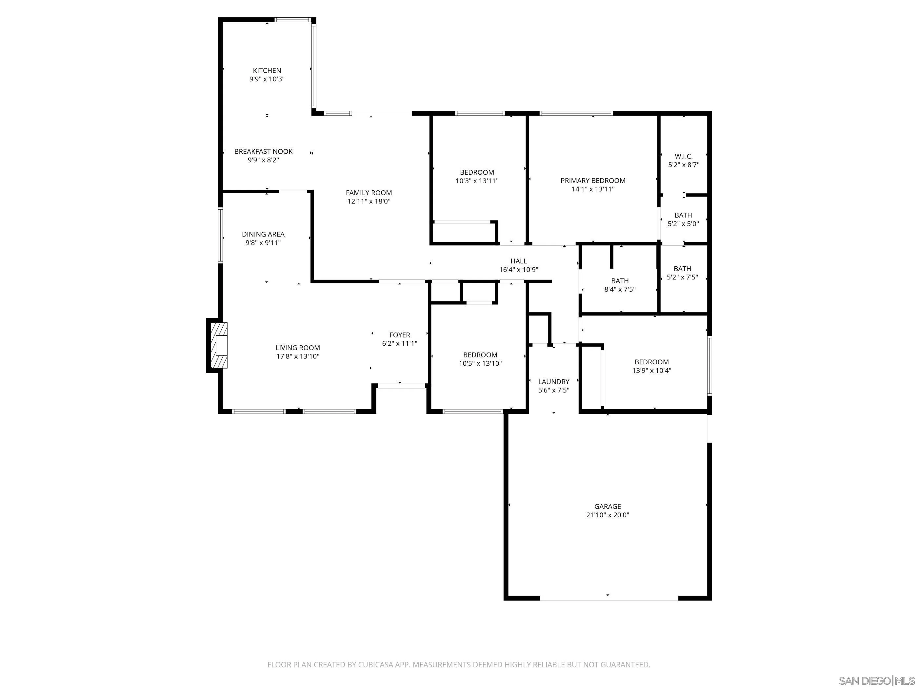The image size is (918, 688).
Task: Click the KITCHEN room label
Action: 267,70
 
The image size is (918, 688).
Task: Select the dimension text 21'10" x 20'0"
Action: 608,515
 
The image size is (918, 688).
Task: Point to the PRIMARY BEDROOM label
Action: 593,181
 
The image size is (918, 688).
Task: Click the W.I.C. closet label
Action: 684,156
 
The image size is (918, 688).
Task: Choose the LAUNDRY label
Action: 554,382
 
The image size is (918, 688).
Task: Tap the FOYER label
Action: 400,335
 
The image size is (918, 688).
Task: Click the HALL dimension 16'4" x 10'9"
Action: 518,270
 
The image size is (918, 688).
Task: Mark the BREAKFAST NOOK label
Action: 264,151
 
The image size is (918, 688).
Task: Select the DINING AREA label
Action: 263,234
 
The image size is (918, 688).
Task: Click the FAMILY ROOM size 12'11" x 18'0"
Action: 369,201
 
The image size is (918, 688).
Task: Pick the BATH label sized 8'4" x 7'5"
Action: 620,281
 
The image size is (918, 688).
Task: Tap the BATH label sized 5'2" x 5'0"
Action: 683,215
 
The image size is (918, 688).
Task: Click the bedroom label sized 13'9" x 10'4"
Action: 651,362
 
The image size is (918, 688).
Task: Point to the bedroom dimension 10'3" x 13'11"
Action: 477,181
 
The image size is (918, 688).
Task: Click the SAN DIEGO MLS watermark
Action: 876,680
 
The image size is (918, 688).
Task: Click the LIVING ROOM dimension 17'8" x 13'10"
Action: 298,356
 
